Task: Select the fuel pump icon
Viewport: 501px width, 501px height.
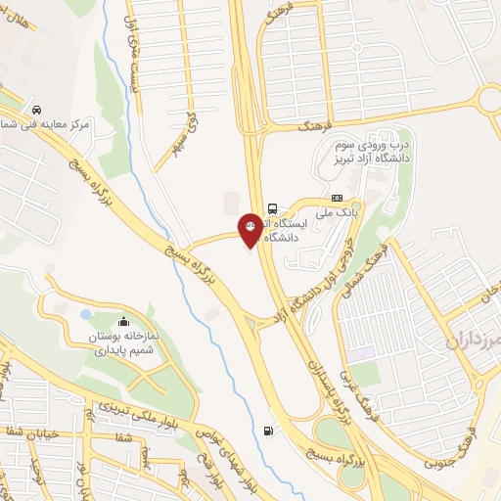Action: (268, 431)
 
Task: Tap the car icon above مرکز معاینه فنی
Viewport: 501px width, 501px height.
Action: (36, 110)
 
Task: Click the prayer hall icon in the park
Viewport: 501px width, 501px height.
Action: (123, 321)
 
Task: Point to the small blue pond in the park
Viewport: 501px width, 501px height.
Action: (85, 315)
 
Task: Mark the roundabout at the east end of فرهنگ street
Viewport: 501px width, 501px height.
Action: (488, 99)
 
